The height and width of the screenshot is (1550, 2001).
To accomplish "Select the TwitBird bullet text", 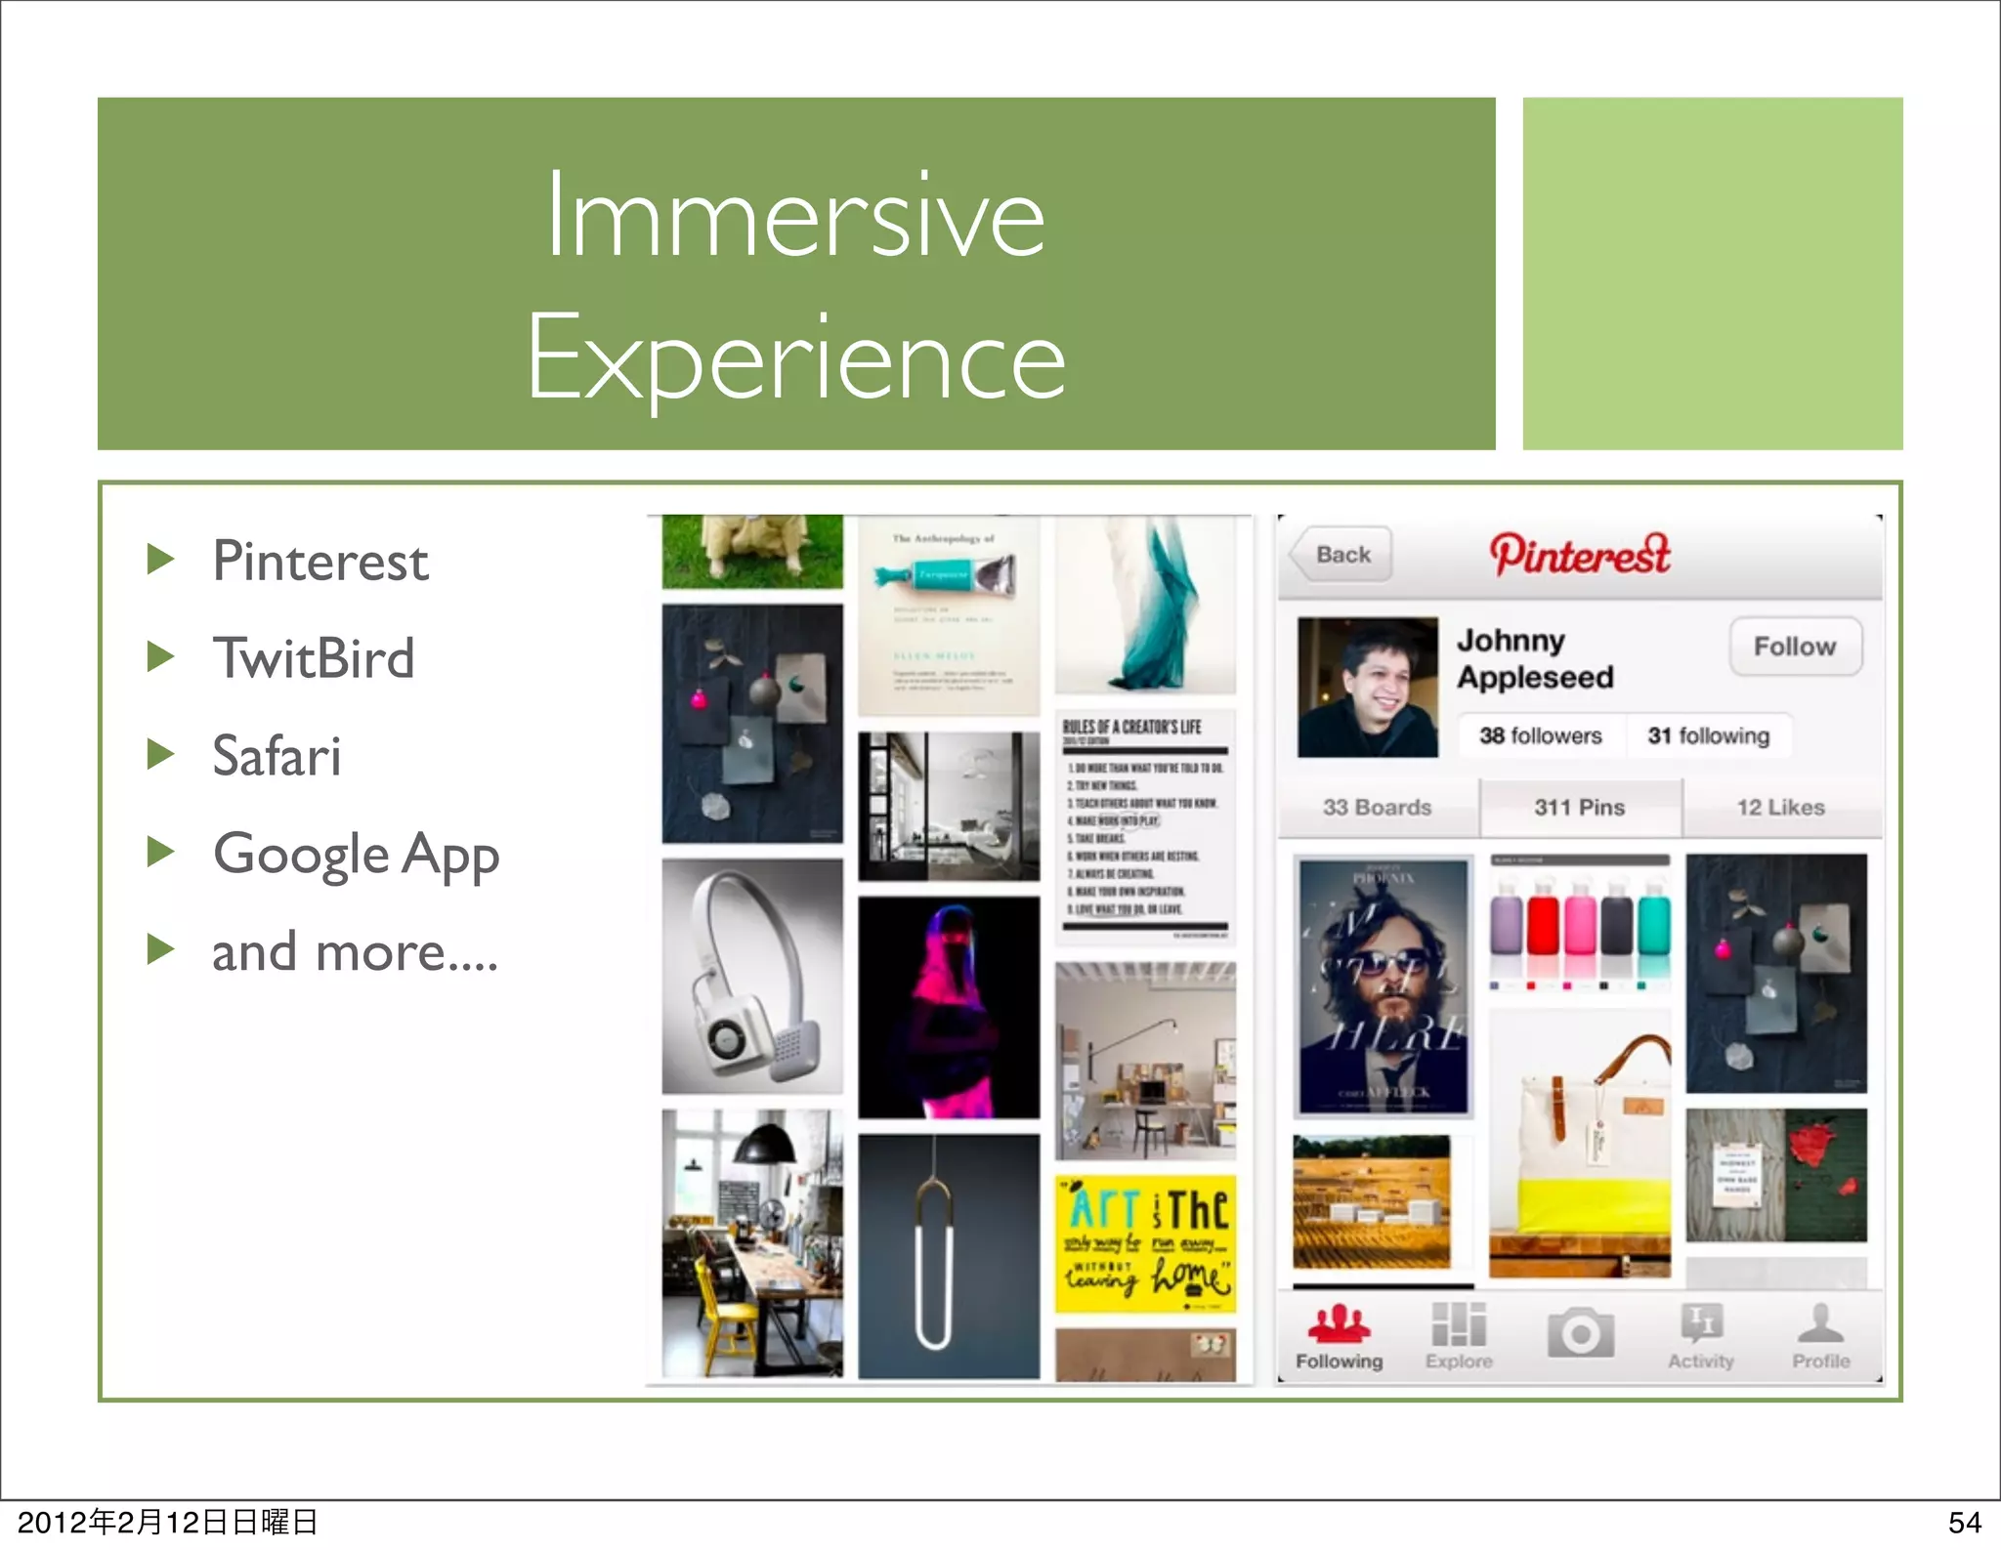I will [x=314, y=658].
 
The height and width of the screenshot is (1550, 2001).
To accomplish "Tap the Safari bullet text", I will [x=277, y=756].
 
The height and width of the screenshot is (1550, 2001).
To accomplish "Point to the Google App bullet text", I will [x=356, y=855].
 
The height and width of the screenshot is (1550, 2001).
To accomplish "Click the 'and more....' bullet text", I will [x=355, y=952].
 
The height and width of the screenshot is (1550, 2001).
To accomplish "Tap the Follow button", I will [x=1795, y=647].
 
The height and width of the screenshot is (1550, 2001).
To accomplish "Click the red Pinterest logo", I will [x=1580, y=555].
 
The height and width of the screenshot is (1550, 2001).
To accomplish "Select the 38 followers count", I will [x=1540, y=735].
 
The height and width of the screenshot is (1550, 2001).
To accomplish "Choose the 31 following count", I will [x=1709, y=735].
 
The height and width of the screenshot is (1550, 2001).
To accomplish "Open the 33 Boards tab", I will [x=1377, y=808].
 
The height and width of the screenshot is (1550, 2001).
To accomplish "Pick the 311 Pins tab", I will [x=1580, y=808].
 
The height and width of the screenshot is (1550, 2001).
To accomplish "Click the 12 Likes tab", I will [x=1780, y=808].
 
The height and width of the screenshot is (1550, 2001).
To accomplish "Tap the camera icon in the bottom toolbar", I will [x=1580, y=1333].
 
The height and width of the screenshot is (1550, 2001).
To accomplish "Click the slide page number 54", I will [x=1964, y=1522].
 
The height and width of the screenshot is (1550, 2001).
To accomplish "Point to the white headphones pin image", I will [x=751, y=977].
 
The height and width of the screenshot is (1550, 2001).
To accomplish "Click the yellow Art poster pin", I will [x=1145, y=1243].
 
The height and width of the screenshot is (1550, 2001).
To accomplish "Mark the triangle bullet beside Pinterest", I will [x=160, y=560].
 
